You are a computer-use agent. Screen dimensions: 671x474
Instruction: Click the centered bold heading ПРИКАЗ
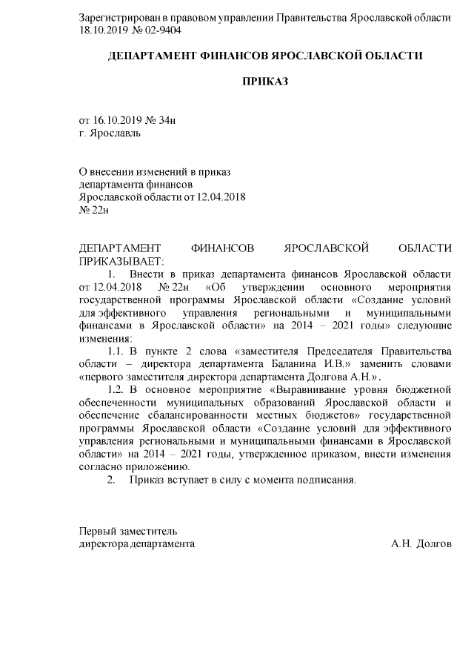coord(266,80)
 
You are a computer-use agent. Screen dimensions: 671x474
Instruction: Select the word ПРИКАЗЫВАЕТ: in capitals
coord(121,261)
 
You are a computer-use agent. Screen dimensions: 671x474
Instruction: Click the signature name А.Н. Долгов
coord(421,543)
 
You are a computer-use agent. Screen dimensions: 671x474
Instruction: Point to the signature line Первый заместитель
coord(127,531)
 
